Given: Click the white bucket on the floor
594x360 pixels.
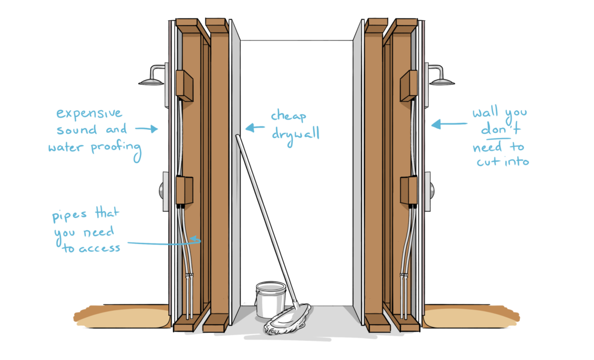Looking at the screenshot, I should (270, 299).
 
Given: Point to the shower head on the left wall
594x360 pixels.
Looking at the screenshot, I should (152, 81).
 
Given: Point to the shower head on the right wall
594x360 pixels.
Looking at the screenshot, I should (442, 80).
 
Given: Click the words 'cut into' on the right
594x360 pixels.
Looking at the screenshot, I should (502, 162).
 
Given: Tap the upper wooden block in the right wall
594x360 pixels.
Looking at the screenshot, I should (408, 85).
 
